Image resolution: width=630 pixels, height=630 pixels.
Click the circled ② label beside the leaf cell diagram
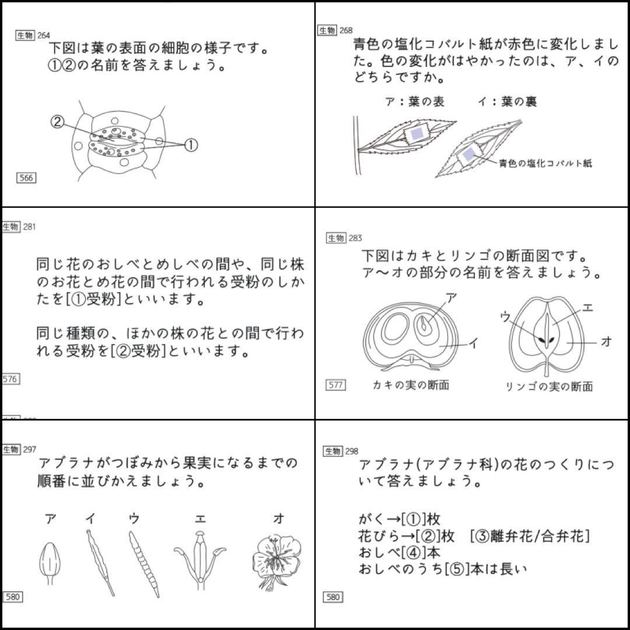point(57,122)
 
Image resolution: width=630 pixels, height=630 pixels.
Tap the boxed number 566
point(26,178)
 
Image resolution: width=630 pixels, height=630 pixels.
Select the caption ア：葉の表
point(415,102)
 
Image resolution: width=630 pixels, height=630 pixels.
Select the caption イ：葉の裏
point(507,102)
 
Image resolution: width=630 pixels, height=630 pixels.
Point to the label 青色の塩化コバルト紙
point(545,164)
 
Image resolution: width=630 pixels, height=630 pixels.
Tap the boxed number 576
point(10,379)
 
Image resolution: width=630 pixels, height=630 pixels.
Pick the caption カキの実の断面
point(411,385)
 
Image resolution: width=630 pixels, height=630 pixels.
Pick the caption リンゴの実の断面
point(548,387)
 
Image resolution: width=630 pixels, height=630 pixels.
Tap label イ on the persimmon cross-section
point(473,344)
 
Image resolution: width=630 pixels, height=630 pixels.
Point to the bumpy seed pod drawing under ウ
point(143,563)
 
